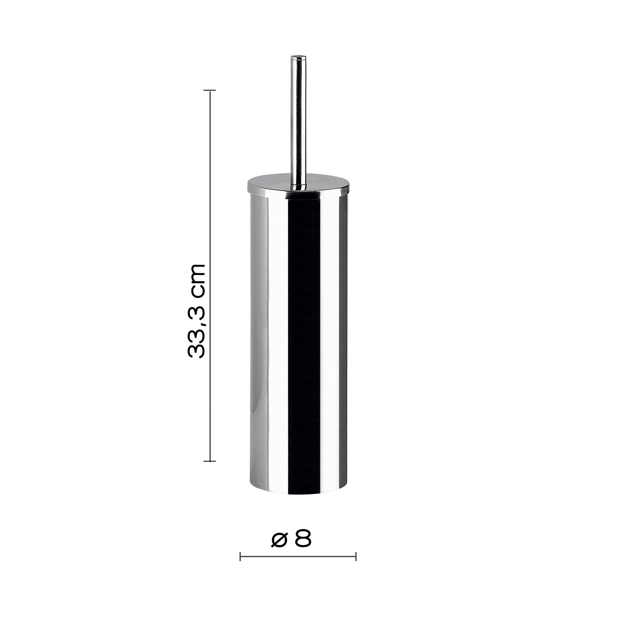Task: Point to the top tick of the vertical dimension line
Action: point(209,90)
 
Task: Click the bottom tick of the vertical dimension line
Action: point(209,461)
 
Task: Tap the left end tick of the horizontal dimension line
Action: point(240,557)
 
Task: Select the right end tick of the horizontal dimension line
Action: point(356,557)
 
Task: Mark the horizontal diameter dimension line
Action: point(298,557)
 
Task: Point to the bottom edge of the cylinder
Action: point(298,494)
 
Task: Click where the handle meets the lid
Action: point(298,186)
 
